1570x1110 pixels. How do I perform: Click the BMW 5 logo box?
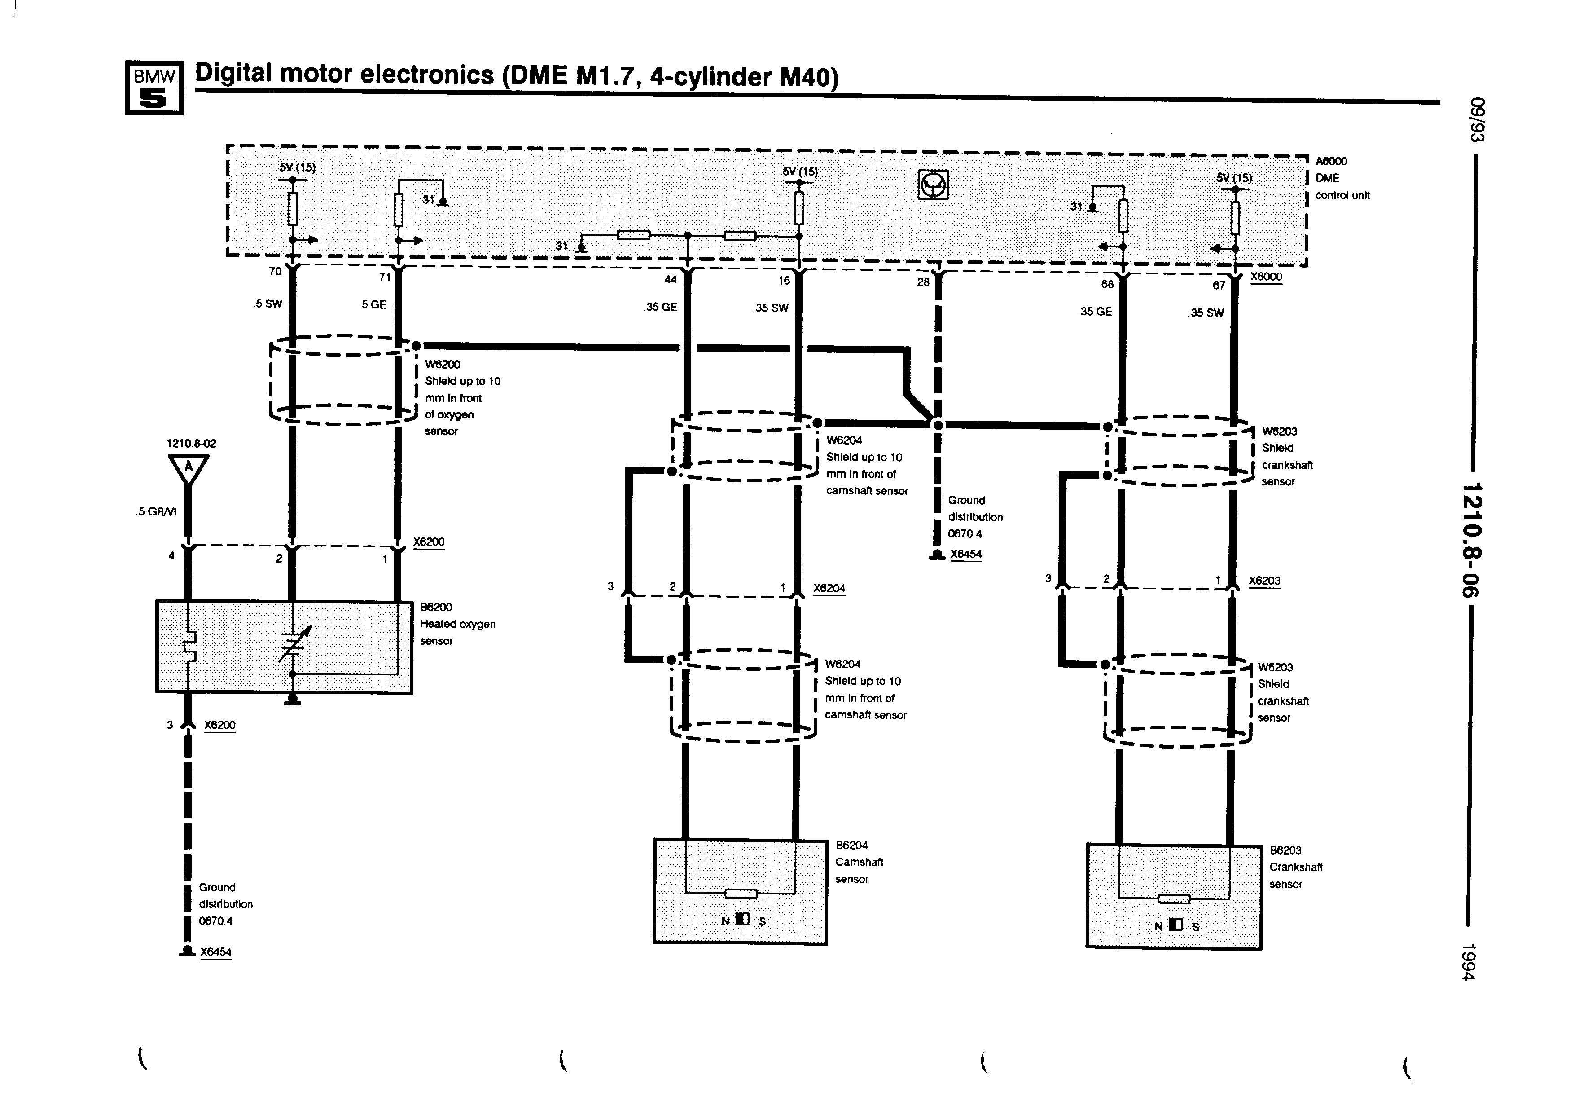pyautogui.click(x=154, y=88)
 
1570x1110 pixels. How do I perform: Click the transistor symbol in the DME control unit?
pyautogui.click(x=933, y=185)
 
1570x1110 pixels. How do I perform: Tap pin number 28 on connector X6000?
pyautogui.click(x=923, y=282)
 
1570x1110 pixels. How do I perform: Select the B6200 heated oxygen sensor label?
pyautogui.click(x=457, y=624)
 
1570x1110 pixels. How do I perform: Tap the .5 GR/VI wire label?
pyautogui.click(x=157, y=511)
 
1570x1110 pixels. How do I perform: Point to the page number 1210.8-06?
pyautogui.click(x=1470, y=540)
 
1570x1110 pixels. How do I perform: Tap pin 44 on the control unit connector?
pyautogui.click(x=670, y=279)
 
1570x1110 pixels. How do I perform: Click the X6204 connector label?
pyautogui.click(x=829, y=588)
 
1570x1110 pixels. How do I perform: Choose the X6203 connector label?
pyautogui.click(x=1264, y=581)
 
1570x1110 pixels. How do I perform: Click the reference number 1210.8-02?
pyautogui.click(x=192, y=443)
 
